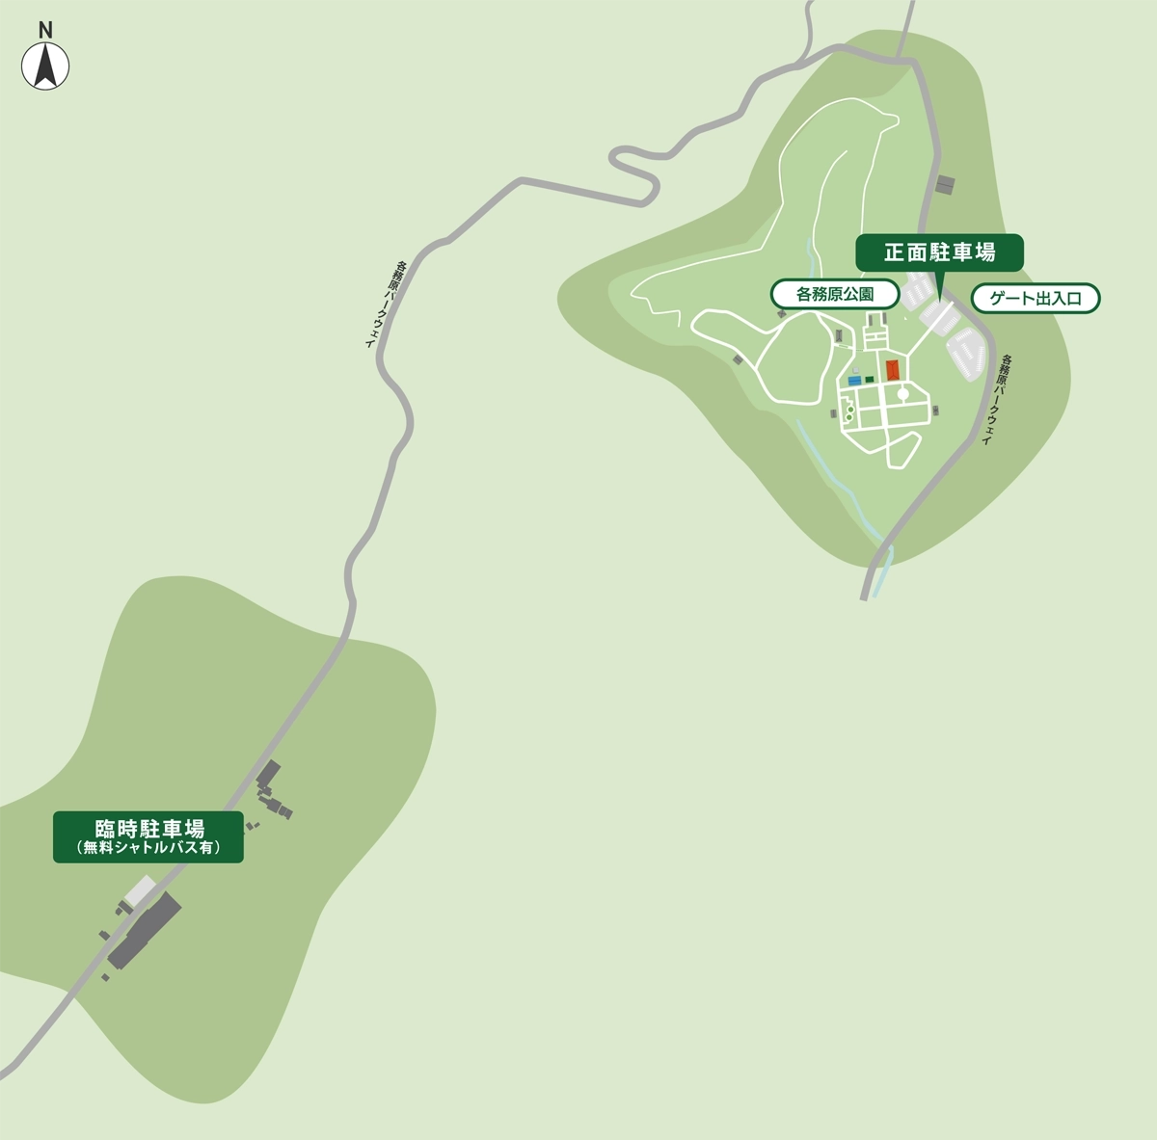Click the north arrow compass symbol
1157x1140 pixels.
45,66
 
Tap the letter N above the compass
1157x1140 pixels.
45,30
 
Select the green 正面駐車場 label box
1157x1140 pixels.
939,252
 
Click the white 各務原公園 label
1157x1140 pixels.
835,295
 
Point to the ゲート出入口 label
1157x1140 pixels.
1036,299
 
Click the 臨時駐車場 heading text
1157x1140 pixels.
148,828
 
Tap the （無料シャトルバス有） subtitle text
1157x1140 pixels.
148,848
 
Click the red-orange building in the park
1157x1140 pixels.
893,370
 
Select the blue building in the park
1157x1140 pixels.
853,381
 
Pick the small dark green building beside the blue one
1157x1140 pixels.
870,380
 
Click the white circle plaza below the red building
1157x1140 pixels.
902,393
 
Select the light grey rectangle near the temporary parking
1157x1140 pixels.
141,890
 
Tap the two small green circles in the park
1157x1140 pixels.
848,412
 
